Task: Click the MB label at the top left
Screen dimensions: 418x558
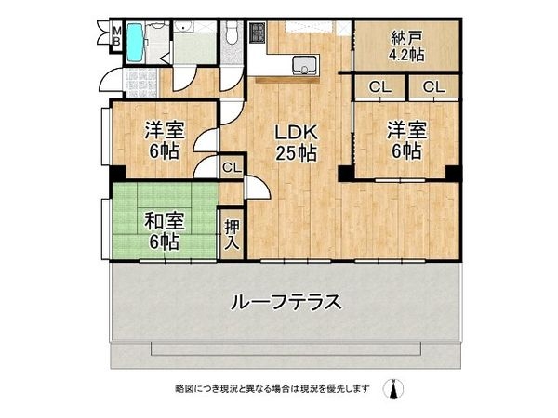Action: [117, 38]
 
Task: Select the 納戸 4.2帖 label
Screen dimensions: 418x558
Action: [405, 46]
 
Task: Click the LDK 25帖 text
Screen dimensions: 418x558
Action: [295, 144]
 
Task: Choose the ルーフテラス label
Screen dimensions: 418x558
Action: [284, 302]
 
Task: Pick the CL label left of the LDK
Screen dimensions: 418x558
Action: [232, 168]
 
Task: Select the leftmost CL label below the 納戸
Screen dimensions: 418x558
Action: [379, 87]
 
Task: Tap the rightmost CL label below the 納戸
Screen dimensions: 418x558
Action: [433, 87]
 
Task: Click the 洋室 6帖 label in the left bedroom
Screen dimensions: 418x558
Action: [162, 139]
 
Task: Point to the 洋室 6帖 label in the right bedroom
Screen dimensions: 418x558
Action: [405, 139]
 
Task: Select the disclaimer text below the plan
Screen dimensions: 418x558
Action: [272, 387]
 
